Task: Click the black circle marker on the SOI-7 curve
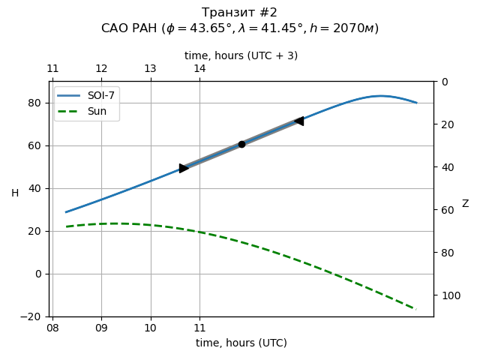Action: (241, 144)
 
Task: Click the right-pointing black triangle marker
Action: (184, 168)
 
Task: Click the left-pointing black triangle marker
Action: (299, 121)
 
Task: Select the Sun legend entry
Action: (87, 111)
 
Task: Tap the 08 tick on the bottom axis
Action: (52, 328)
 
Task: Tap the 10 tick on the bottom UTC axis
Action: (151, 328)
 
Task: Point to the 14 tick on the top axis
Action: (199, 69)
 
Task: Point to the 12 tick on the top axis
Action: (101, 69)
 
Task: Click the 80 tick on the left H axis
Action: (36, 103)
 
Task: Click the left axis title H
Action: (15, 193)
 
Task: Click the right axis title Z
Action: (465, 204)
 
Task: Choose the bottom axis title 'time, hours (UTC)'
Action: (241, 343)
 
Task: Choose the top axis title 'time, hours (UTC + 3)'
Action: (241, 55)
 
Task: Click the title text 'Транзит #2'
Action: (240, 13)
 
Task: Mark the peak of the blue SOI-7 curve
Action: (381, 96)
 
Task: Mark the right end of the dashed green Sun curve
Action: (415, 309)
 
